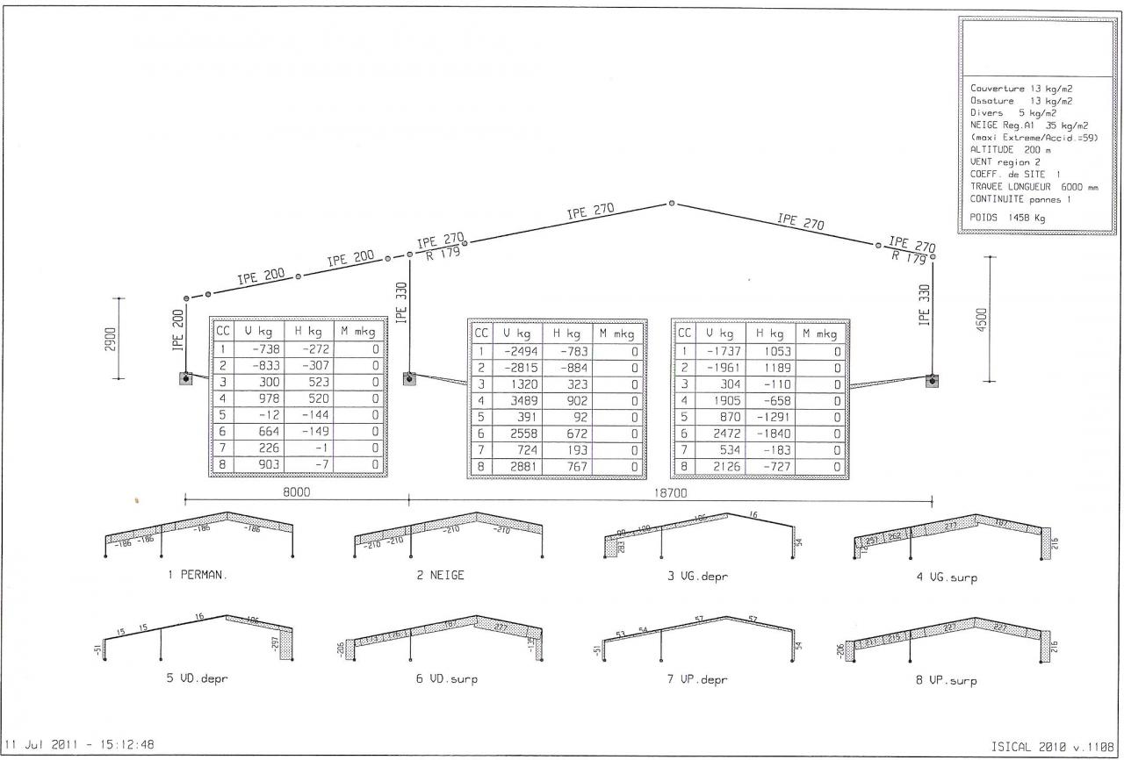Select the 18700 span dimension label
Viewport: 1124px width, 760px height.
(x=671, y=494)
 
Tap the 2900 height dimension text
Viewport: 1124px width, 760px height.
(x=112, y=339)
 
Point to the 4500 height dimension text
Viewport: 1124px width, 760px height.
(x=982, y=319)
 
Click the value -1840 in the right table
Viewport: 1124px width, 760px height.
(x=771, y=434)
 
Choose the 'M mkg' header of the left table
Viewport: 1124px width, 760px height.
(x=358, y=333)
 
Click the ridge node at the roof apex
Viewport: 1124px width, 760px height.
(x=672, y=203)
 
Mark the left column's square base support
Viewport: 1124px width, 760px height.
(x=186, y=378)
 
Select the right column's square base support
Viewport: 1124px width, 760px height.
(x=932, y=380)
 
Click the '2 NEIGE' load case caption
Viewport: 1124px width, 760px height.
(x=441, y=576)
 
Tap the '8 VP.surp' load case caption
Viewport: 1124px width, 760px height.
(x=947, y=680)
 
